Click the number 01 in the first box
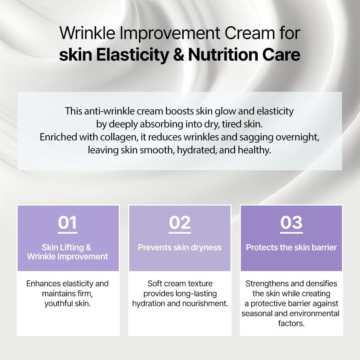click(x=68, y=223)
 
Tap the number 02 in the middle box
click(x=180, y=223)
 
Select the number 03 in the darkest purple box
click(x=291, y=223)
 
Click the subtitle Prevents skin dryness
click(x=180, y=247)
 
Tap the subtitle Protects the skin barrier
click(x=291, y=247)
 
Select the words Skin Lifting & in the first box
click(x=67, y=247)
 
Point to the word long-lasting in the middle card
click(x=197, y=293)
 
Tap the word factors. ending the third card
click(x=291, y=323)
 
